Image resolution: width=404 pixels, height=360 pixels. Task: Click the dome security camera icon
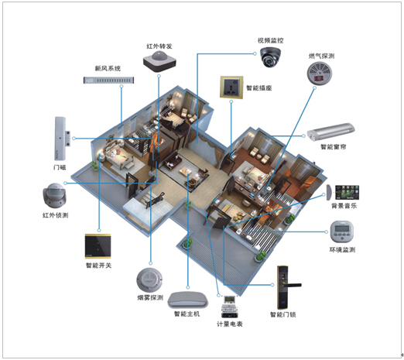270,57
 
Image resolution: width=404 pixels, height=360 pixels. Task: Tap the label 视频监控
270,40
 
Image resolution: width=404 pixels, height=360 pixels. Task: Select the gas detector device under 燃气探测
320,73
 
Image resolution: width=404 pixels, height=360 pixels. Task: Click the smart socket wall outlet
231,87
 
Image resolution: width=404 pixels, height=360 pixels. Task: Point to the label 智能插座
259,88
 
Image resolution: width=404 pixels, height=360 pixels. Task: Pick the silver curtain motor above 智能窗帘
330,132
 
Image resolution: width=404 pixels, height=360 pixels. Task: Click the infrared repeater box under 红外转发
159,61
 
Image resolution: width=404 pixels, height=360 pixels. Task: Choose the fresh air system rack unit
108,81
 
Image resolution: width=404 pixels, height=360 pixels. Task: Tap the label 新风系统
108,68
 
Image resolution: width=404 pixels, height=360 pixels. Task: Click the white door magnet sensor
61,139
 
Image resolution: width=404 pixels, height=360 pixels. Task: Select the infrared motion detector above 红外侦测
54,195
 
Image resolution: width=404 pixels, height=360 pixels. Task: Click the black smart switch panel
98,246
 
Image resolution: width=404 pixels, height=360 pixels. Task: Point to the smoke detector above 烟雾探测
149,281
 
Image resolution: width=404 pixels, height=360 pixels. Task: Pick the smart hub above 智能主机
188,300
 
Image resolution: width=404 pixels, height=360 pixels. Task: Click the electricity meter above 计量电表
229,307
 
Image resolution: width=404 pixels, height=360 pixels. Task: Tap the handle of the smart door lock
292,285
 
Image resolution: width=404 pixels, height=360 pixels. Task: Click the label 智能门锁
282,314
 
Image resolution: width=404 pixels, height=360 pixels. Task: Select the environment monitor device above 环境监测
341,231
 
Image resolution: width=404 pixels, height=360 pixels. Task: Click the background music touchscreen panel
347,192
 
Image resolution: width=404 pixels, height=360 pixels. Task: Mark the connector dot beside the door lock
272,285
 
